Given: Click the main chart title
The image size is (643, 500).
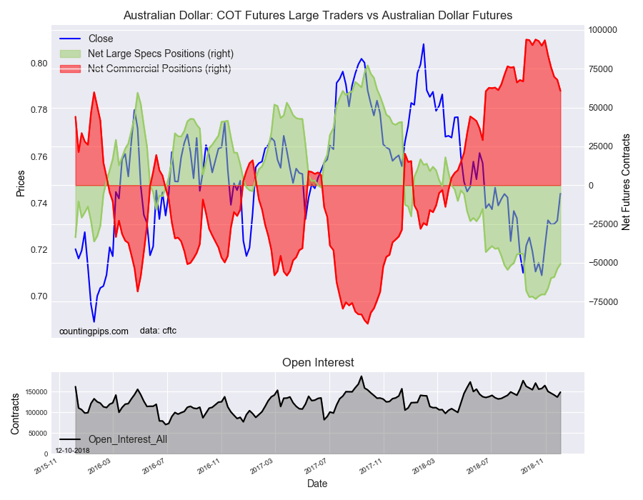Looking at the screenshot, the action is click(318, 16).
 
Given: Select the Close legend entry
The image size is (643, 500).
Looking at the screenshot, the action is click(86, 39).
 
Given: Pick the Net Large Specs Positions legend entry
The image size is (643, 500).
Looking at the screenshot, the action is click(146, 54).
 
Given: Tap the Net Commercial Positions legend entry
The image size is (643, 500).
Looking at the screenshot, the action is click(146, 69).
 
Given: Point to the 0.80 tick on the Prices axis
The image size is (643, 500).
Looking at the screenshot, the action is click(39, 64).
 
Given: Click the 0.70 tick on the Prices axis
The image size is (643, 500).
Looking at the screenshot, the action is click(39, 296).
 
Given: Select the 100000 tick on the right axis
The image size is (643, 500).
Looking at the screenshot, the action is click(602, 30).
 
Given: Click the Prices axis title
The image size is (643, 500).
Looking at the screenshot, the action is click(21, 184).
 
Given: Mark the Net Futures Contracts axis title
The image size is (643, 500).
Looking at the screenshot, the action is click(626, 182).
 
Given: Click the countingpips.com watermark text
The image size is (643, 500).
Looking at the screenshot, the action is click(94, 331).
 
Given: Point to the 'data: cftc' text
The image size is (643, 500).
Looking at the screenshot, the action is click(158, 331).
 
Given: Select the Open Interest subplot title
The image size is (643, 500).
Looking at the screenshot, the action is click(318, 363).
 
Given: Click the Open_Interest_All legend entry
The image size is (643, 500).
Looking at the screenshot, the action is click(113, 439).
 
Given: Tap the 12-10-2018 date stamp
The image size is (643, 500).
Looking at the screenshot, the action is click(73, 451).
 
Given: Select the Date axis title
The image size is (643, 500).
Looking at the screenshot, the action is click(317, 484).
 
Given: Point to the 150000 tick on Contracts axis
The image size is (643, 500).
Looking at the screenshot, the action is click(36, 392).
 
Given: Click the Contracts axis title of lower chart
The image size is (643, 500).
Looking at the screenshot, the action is click(15, 414).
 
